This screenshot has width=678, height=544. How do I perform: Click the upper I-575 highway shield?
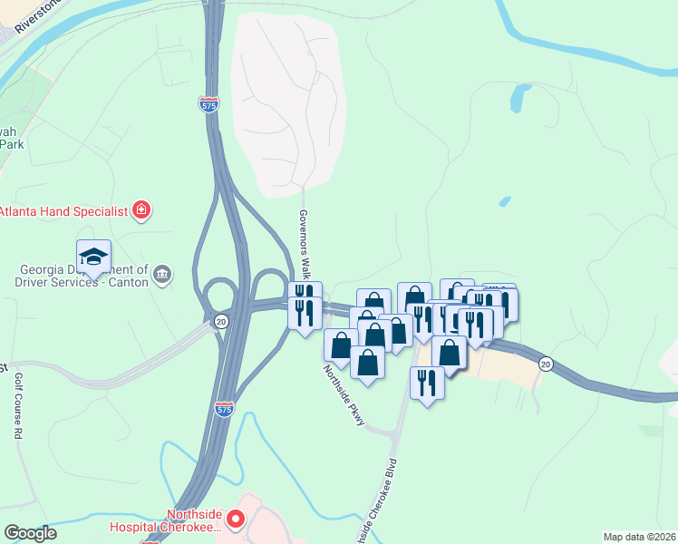tap(208, 104)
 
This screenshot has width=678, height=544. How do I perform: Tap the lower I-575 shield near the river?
tap(226, 409)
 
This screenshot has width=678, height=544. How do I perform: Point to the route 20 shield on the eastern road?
tap(545, 364)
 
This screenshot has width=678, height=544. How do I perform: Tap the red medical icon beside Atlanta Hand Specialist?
tap(140, 211)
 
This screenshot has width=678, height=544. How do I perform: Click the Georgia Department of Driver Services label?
tap(83, 276)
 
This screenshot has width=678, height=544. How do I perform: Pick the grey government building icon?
tap(163, 275)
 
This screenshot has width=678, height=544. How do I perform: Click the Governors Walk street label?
tap(305, 244)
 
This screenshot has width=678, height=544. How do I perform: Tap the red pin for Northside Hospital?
tap(236, 520)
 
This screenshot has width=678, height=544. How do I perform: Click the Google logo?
tap(30, 534)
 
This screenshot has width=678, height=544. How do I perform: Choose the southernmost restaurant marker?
tap(428, 383)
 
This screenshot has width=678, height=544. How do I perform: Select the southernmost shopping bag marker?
tap(367, 363)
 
